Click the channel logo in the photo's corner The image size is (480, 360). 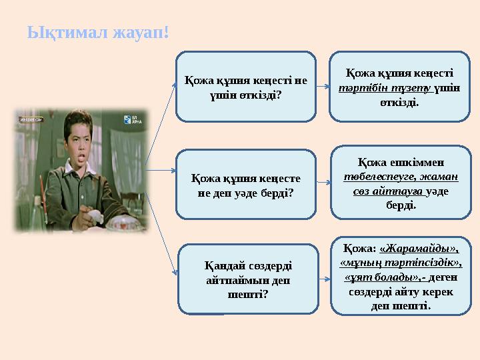[131, 120]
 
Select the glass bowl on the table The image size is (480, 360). [120, 217]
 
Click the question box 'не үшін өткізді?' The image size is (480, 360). [245, 87]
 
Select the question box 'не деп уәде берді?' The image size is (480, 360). [245, 185]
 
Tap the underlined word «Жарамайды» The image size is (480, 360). [419, 249]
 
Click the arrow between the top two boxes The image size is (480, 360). [323, 87]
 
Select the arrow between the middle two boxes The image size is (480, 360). [323, 181]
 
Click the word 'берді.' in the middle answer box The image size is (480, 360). [400, 206]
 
